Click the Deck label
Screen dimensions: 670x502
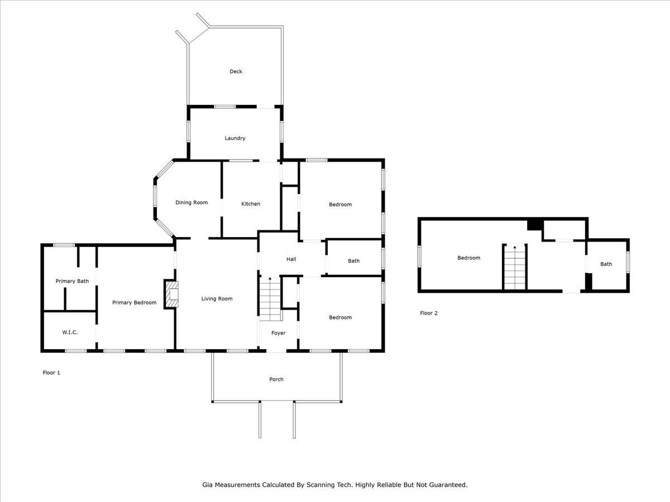coord(236,71)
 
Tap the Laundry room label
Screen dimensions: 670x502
coord(234,138)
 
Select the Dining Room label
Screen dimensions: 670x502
coord(192,202)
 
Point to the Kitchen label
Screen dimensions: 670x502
coord(251,204)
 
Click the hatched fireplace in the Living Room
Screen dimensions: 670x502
coord(172,294)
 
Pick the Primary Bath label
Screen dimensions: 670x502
coord(72,281)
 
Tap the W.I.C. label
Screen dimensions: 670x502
coord(70,332)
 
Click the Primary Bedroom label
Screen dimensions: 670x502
coord(135,302)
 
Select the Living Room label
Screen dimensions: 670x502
coord(217,299)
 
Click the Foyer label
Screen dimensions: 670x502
coord(279,333)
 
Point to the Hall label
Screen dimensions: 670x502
coord(291,259)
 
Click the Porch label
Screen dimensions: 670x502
coord(276,379)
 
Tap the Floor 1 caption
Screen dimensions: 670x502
coord(51,373)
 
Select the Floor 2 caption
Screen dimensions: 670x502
coord(429,313)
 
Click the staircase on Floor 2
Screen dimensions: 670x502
coord(515,267)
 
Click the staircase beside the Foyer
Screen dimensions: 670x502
coord(270,299)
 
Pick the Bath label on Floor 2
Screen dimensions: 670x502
coord(606,264)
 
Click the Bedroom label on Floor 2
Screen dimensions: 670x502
coord(468,258)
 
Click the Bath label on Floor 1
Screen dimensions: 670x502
coord(354,261)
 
